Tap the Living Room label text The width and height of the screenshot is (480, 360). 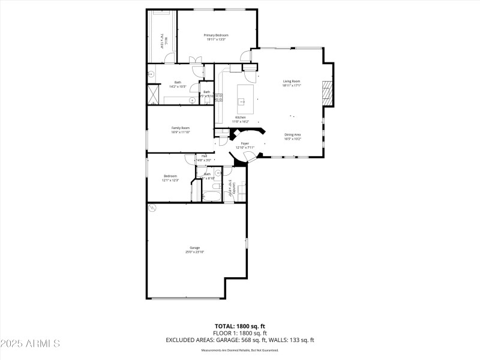coord(292,81)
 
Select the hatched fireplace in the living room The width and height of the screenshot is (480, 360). coord(327,94)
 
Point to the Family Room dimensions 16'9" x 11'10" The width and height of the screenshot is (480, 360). coord(181,132)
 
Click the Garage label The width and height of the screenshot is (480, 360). coord(194,247)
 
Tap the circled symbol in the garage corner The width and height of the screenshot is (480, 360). coord(152,208)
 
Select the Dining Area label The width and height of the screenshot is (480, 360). coord(293,134)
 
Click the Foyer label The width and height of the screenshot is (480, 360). coord(245,143)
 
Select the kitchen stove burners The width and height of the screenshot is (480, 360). coord(219,97)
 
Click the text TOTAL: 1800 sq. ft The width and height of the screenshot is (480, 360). coord(240,325)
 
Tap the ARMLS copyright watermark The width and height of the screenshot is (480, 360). coord(30,344)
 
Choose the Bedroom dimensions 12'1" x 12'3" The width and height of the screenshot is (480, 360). coord(170,180)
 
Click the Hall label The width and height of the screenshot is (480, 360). coord(205,156)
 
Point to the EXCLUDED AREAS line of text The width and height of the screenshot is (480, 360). coord(240,340)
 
